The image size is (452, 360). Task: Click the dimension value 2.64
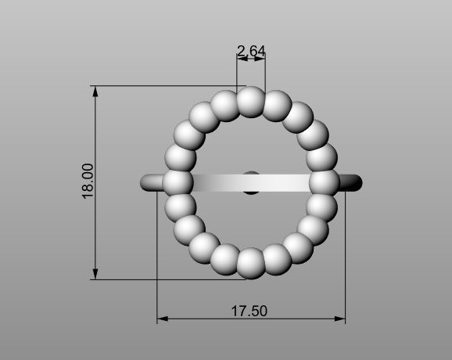point(251,52)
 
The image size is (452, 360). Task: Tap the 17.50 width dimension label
point(249,311)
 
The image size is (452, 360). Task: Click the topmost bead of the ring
point(251,102)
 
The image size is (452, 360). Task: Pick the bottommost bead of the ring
point(251,263)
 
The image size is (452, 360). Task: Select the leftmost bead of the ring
point(178,182)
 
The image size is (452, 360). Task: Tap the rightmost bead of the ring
point(324,182)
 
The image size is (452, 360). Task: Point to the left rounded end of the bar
point(147,182)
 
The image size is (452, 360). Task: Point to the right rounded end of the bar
point(356,182)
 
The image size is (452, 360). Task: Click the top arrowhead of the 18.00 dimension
point(96,90)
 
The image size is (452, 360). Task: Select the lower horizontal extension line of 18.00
point(156,279)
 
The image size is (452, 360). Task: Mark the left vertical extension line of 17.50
point(158,258)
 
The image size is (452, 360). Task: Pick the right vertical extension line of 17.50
point(345,258)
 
